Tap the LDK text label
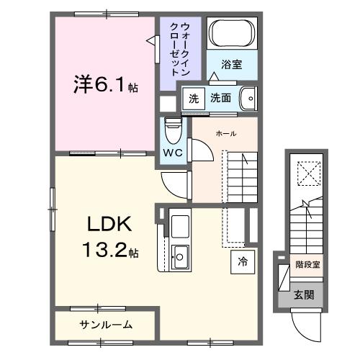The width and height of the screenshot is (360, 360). (x=109, y=225)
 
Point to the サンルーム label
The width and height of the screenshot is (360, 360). (x=105, y=325)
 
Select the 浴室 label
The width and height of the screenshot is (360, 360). (x=231, y=65)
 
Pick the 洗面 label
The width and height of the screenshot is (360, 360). (x=221, y=98)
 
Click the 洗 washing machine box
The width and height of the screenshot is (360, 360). (x=193, y=98)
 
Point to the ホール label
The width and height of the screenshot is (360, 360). (x=226, y=133)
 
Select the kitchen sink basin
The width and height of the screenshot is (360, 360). (x=180, y=254)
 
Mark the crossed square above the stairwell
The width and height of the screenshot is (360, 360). (x=307, y=174)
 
